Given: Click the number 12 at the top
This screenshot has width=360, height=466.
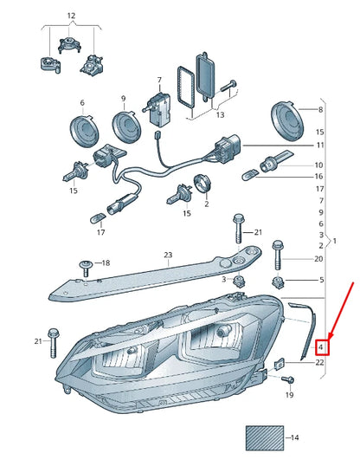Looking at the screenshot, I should click(x=71, y=16).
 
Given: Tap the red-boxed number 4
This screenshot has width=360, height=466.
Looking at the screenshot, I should click(x=320, y=347).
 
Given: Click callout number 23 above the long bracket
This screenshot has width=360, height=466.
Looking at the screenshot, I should click(x=169, y=255).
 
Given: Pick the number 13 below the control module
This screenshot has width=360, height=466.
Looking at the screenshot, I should click(x=220, y=113).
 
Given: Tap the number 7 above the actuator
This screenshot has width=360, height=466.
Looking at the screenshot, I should click(x=158, y=80).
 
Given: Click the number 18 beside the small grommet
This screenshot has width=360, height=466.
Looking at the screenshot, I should click(x=106, y=262).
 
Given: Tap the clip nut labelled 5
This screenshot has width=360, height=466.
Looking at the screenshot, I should click(x=280, y=282).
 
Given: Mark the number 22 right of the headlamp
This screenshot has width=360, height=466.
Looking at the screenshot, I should click(x=320, y=362).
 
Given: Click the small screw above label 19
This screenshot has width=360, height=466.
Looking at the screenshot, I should click(x=288, y=379).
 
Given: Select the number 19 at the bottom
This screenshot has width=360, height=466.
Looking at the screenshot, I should click(x=290, y=396).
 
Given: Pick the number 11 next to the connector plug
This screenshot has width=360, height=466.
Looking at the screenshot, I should click(x=320, y=145).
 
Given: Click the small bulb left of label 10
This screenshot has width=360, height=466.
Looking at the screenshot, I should click(x=259, y=163).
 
